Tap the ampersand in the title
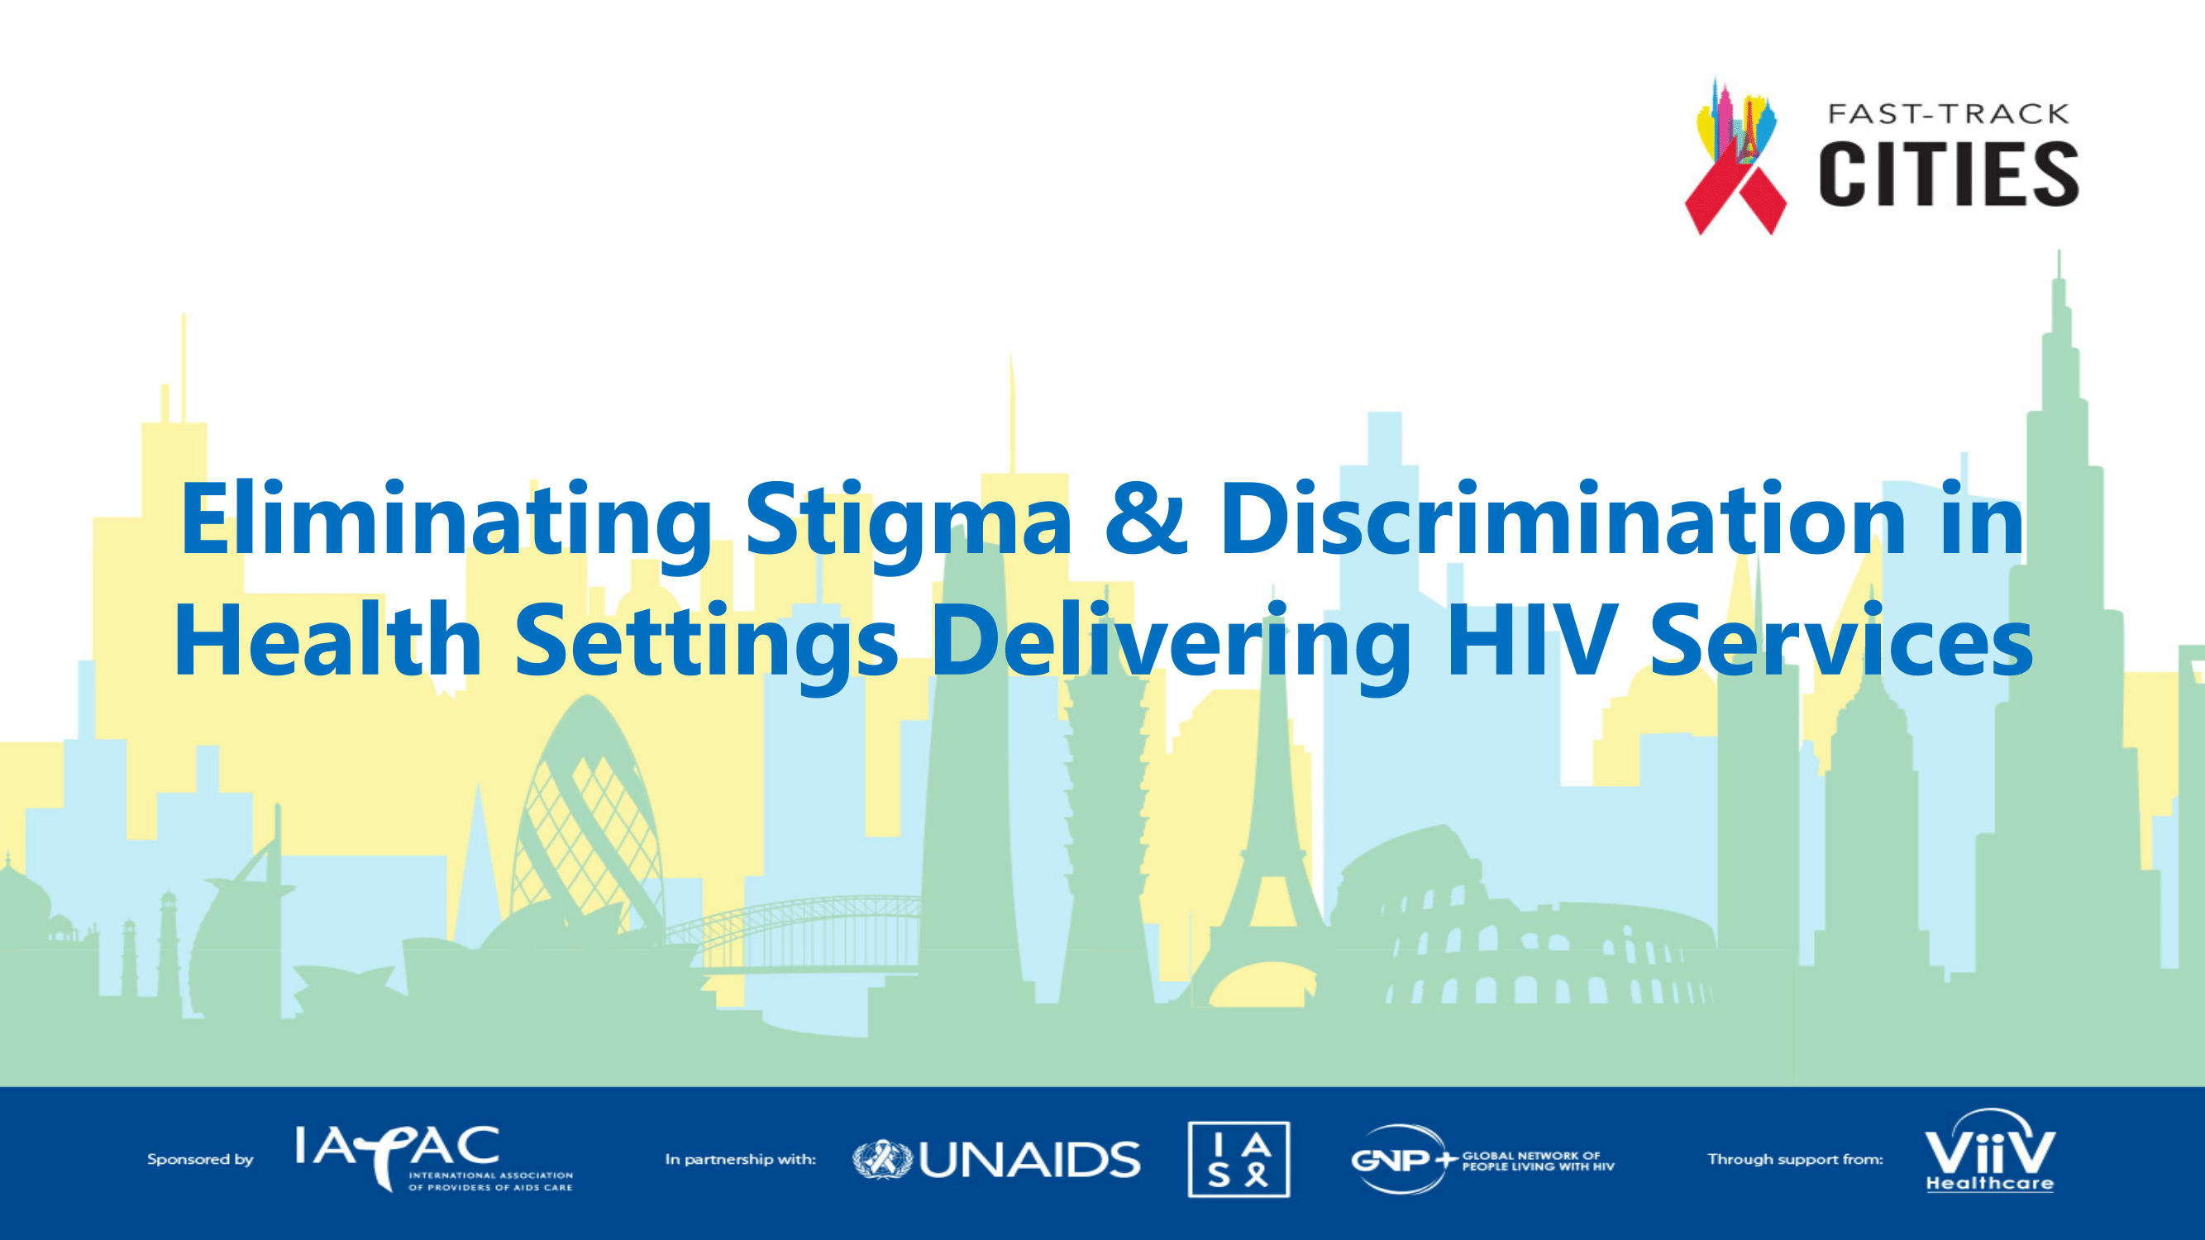coord(1146,517)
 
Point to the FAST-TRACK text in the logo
coord(1948,114)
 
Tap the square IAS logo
coord(1239,1160)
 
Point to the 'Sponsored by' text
coord(200,1160)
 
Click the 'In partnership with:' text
coord(741,1160)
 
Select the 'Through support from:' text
coord(1795,1160)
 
